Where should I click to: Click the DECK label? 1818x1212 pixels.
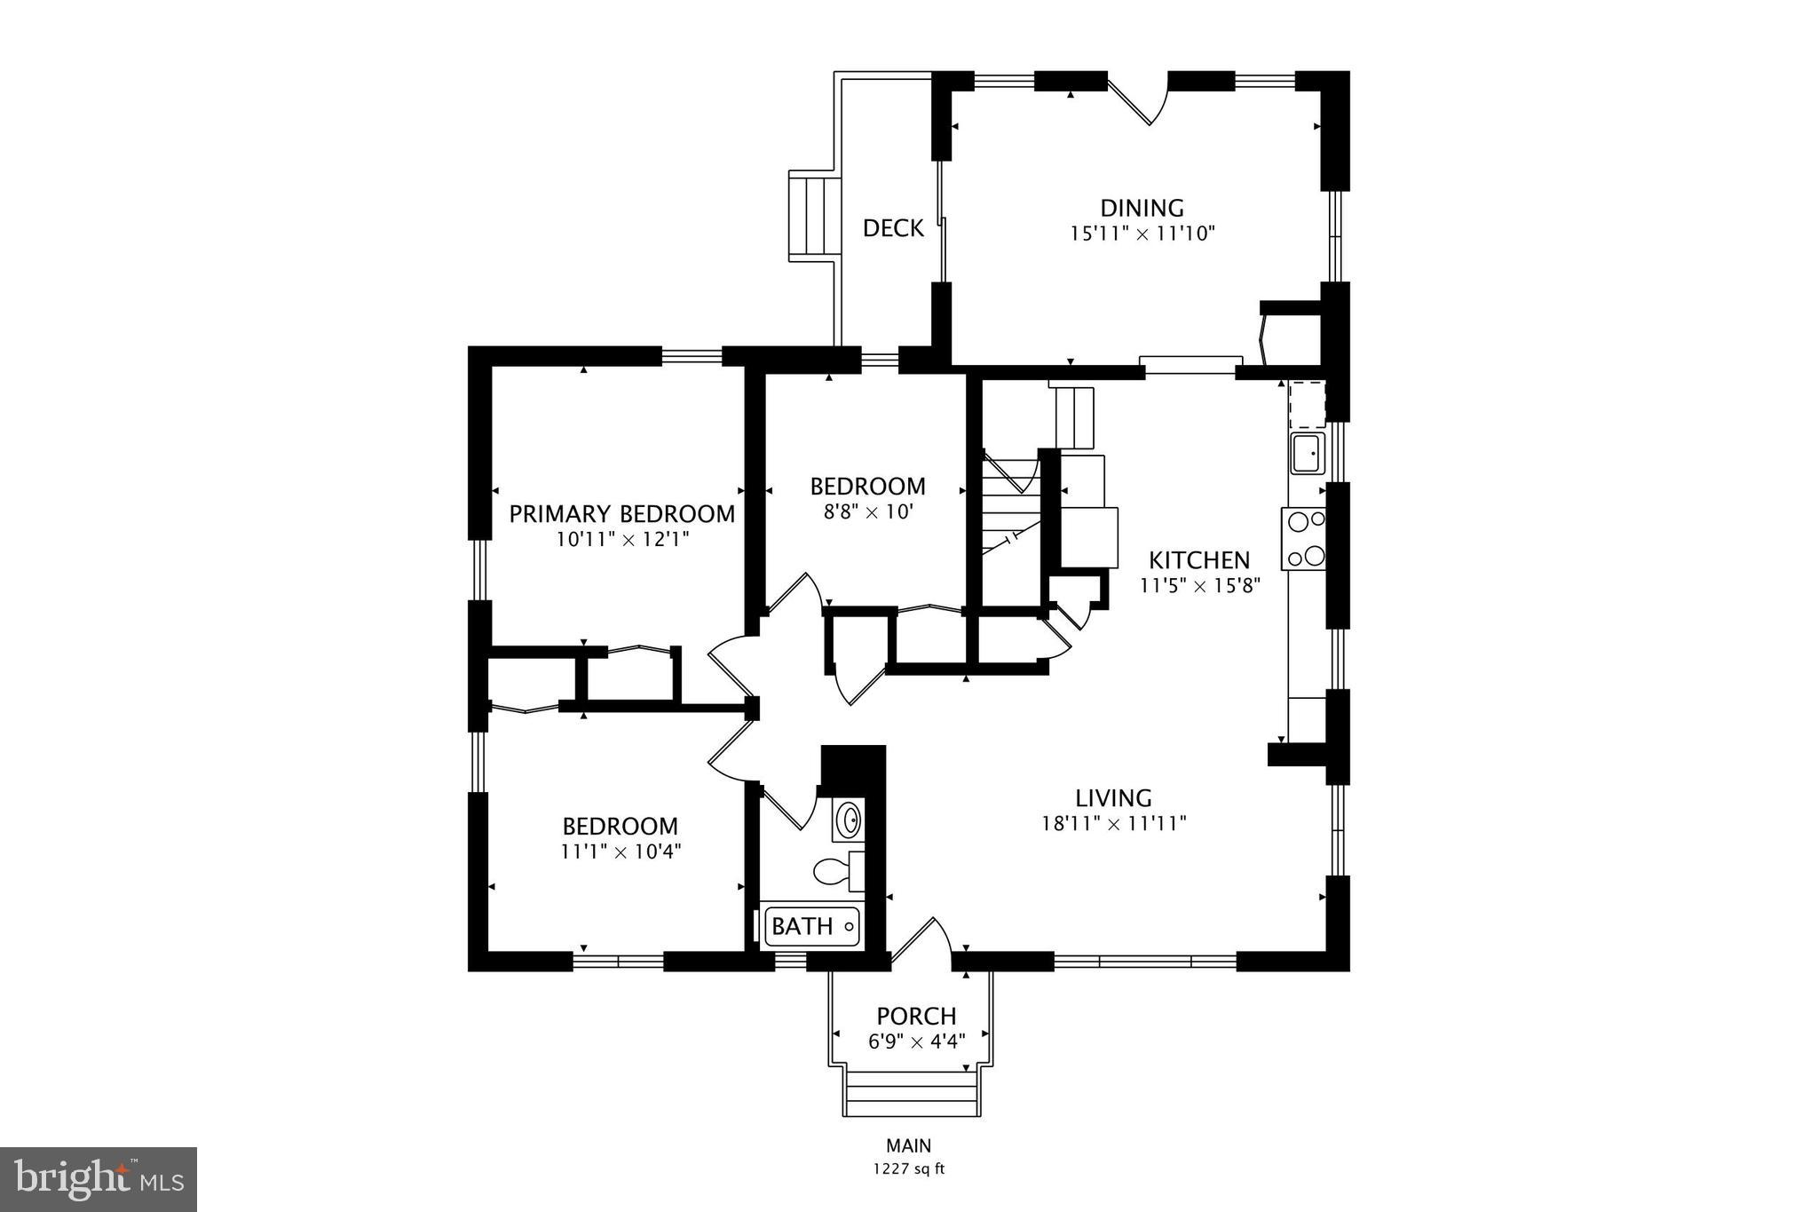click(x=893, y=228)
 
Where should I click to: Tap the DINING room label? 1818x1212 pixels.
click(x=1142, y=208)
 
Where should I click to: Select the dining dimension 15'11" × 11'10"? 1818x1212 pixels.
click(x=1142, y=234)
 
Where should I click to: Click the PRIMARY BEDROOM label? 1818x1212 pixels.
click(x=621, y=514)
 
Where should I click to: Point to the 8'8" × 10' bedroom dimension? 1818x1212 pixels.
click(x=867, y=512)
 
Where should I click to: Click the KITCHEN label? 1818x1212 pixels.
click(x=1199, y=560)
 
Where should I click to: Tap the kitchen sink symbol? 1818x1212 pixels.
click(x=1308, y=454)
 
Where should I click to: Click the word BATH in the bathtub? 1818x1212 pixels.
click(x=802, y=927)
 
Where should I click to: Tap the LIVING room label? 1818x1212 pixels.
click(x=1113, y=798)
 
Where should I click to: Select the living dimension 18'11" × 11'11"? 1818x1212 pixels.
click(x=1113, y=824)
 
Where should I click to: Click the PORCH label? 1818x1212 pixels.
click(x=916, y=1016)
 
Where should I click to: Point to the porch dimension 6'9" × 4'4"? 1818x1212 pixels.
click(x=916, y=1041)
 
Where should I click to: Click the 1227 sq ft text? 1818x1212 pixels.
click(x=908, y=1169)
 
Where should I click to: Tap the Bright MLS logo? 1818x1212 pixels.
click(x=99, y=1179)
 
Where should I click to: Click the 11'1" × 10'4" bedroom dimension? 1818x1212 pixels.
click(x=620, y=852)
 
